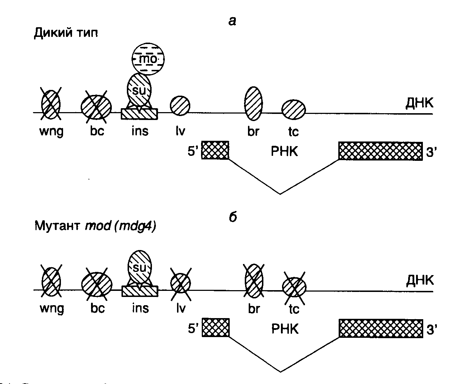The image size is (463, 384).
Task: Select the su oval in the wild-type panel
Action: coord(140,90)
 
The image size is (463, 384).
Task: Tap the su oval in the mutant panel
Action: coord(140,267)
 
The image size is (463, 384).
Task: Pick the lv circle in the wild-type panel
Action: coord(180,106)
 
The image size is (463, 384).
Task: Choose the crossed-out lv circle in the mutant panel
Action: coord(180,283)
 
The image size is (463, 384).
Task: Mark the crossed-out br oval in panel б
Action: coord(254,280)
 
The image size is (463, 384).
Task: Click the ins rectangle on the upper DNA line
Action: coord(139,114)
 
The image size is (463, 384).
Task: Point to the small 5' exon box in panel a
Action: coord(215,150)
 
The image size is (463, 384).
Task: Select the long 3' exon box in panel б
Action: coord(381,327)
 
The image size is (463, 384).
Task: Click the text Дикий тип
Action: coord(66,33)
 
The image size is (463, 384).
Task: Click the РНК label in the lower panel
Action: coord(285,328)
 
